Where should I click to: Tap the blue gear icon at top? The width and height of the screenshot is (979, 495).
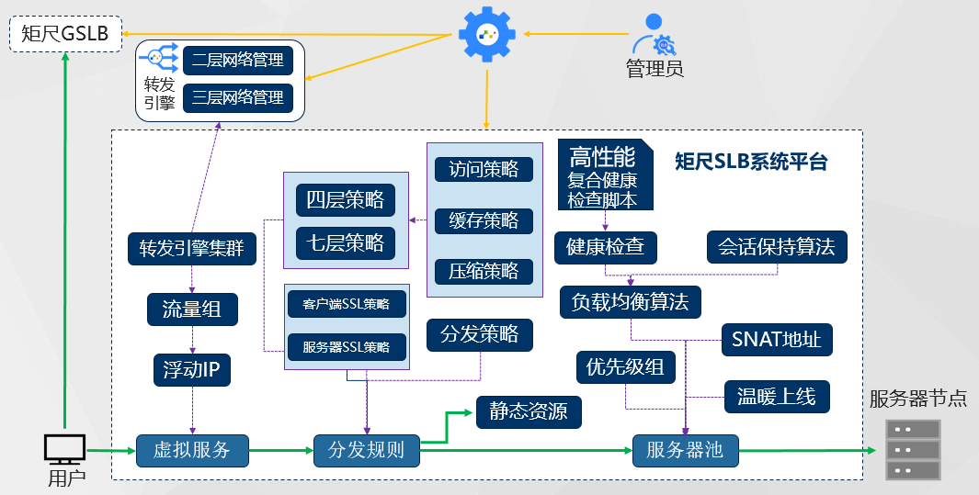pyautogui.click(x=487, y=33)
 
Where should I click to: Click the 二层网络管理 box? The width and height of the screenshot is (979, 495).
pyautogui.click(x=238, y=61)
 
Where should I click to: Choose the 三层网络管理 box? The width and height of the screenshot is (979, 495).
pyautogui.click(x=238, y=98)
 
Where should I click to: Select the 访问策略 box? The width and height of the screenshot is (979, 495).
pyautogui.click(x=484, y=169)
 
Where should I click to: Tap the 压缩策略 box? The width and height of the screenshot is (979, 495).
pyautogui.click(x=484, y=271)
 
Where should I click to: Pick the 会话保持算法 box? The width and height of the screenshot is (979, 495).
pyautogui.click(x=776, y=246)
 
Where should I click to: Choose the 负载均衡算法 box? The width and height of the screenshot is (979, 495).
pyautogui.click(x=630, y=301)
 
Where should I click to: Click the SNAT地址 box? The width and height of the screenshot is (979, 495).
pyautogui.click(x=777, y=340)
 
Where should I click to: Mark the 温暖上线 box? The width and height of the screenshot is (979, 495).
pyautogui.click(x=777, y=397)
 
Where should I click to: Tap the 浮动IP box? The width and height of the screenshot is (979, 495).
pyautogui.click(x=192, y=370)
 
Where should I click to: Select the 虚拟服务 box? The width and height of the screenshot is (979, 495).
pyautogui.click(x=192, y=450)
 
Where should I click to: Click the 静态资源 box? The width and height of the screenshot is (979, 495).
pyautogui.click(x=529, y=412)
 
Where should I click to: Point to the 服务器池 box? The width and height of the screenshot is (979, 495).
pyautogui.click(x=685, y=450)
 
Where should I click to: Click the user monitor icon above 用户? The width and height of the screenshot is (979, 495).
pyautogui.click(x=64, y=448)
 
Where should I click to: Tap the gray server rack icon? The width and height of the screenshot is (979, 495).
pyautogui.click(x=913, y=450)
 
